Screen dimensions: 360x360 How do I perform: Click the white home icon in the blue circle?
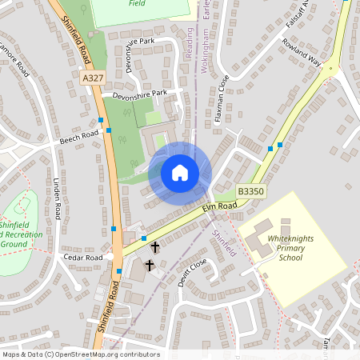[180, 173]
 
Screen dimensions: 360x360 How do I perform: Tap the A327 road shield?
[93, 78]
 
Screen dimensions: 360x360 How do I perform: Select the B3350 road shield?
[250, 192]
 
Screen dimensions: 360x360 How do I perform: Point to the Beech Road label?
[78, 138]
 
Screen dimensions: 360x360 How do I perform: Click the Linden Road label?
[57, 201]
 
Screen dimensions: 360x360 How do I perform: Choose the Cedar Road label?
[85, 258]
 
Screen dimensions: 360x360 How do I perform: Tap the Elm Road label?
[220, 206]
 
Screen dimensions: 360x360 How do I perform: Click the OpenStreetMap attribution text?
[80, 354]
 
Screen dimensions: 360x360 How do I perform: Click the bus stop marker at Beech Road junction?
[102, 121]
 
